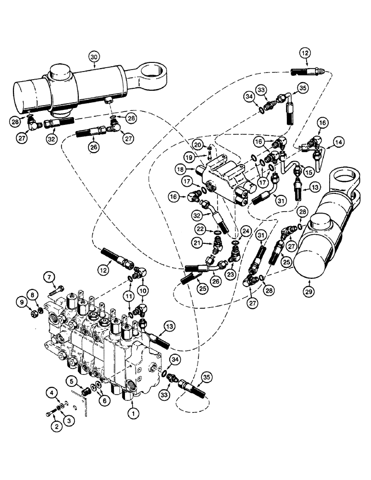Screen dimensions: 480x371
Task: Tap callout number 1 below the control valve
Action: tap(131, 411)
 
